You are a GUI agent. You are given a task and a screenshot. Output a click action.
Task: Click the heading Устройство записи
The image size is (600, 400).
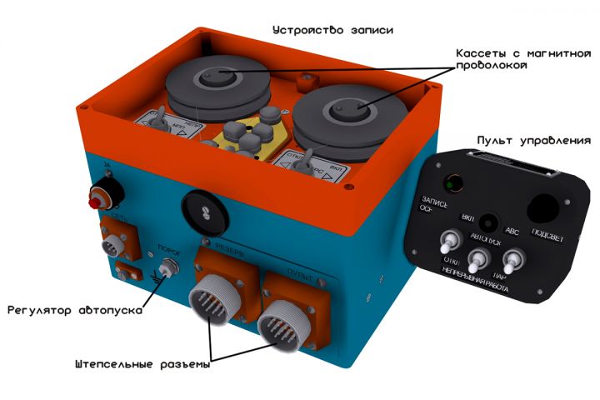[332, 31]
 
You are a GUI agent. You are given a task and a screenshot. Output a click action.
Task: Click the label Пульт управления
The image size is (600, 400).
[533, 140]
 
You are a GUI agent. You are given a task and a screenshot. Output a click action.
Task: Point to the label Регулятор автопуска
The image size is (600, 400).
[75, 311]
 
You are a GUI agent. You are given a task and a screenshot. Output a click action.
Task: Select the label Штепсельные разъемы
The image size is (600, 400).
[142, 364]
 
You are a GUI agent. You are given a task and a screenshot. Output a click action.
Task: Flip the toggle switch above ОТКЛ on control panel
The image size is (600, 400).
[448, 245]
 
